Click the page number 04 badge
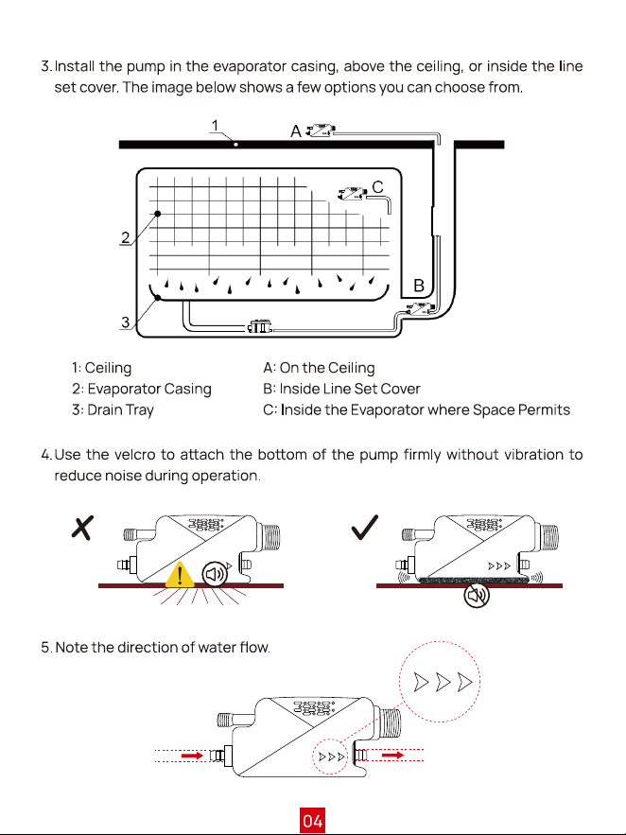pos(312,821)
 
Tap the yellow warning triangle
pos(180,575)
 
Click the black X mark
pos(82,528)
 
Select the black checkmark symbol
pos(365,528)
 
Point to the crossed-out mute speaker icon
pos(477,595)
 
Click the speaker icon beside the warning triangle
pos(215,574)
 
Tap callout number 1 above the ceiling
pos(215,126)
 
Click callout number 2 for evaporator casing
pos(126,237)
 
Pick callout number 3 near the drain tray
pos(126,322)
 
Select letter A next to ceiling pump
pos(296,131)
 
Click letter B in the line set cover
pos(419,286)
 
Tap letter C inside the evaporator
pos(378,187)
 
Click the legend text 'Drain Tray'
pos(120,410)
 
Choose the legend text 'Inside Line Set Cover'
pos(350,389)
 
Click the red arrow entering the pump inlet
pos(192,756)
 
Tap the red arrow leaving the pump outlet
pos(392,755)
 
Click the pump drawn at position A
pos(321,130)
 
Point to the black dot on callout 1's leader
pos(235,145)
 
